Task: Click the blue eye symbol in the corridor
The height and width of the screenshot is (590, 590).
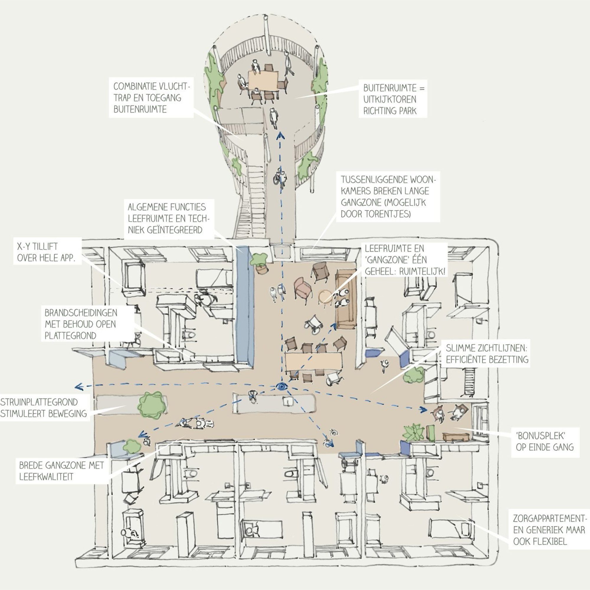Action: click(281, 386)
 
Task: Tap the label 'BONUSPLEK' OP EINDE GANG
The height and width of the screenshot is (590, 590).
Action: click(545, 442)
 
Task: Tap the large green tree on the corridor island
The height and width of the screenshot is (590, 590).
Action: click(152, 406)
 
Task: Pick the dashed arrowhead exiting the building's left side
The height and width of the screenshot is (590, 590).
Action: click(79, 387)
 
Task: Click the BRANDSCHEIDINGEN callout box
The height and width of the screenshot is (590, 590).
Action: click(81, 324)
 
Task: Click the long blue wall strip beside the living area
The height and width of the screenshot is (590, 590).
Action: click(245, 305)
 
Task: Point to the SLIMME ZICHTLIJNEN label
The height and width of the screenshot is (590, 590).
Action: click(487, 354)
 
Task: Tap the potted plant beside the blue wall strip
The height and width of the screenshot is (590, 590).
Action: click(259, 262)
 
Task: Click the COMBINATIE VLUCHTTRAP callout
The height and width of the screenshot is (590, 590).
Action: click(151, 97)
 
